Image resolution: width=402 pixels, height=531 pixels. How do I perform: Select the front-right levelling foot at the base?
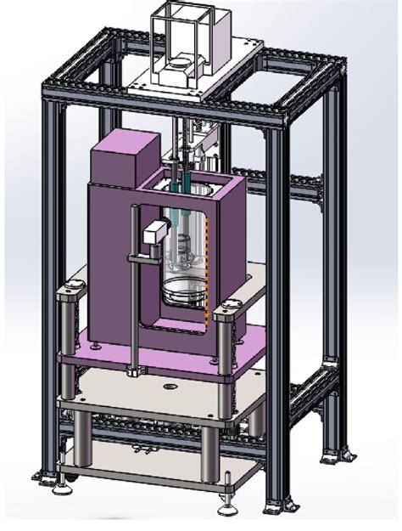click(226, 510)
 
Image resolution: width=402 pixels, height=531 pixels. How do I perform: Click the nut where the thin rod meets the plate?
click(134, 371)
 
